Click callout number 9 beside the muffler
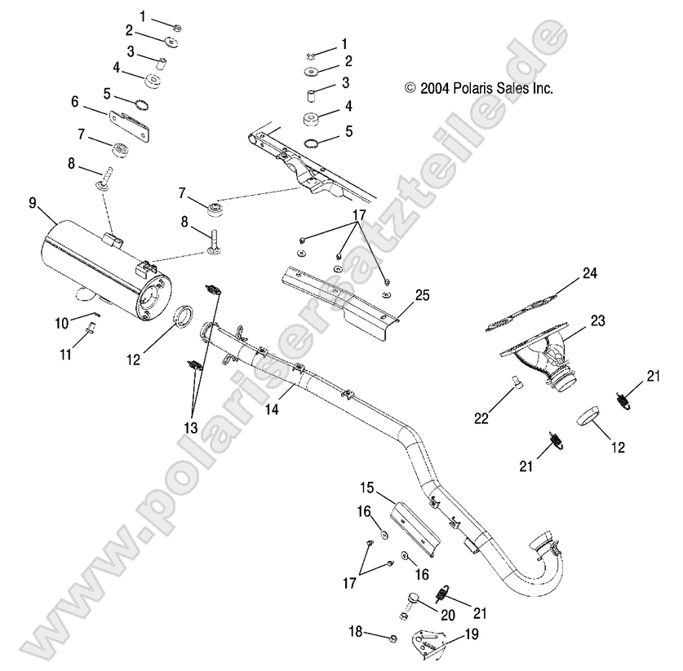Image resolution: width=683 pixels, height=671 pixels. pos(33,202)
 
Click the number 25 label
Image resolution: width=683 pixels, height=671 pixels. pos(422,294)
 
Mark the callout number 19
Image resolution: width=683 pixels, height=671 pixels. pos(472,633)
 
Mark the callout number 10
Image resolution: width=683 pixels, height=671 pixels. pos(63,324)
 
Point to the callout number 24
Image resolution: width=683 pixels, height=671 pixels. pos(589,274)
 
